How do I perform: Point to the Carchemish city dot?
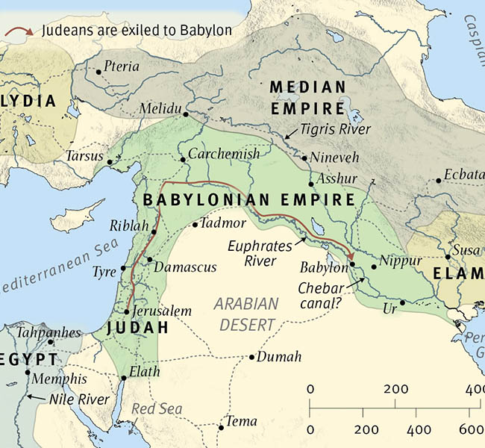(182, 159)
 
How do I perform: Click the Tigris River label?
(335, 129)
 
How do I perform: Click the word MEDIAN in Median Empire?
(307, 87)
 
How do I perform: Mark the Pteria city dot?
(98, 72)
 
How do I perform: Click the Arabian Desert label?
(246, 314)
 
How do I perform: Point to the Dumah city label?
(280, 357)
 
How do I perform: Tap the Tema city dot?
(221, 427)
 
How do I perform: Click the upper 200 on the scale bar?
(395, 390)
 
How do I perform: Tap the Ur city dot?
(402, 302)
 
